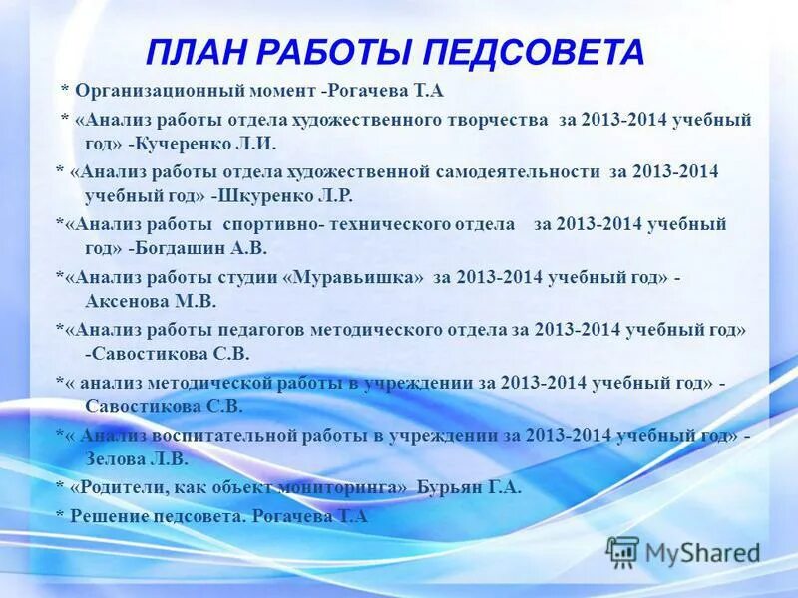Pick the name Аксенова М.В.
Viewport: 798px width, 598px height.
point(151,301)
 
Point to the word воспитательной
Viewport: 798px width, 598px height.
point(208,436)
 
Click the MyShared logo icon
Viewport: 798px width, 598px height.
point(622,551)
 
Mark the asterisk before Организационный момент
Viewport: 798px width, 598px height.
point(65,92)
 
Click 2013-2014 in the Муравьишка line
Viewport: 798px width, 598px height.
point(497,276)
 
